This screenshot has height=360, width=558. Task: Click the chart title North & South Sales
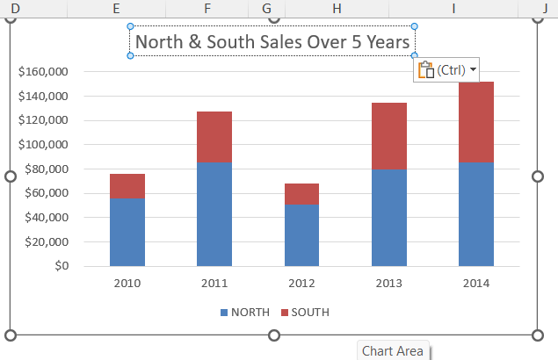point(272,41)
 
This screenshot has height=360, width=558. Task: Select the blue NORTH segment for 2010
point(127,232)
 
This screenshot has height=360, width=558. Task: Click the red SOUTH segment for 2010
point(127,185)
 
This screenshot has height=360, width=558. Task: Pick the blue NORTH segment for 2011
point(214,214)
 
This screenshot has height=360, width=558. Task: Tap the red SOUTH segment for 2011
point(214,137)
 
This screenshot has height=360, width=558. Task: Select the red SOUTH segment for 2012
point(301,194)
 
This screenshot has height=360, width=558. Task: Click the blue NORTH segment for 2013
point(388,218)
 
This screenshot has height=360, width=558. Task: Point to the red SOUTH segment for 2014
point(475,122)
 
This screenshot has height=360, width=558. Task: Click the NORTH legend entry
point(244,313)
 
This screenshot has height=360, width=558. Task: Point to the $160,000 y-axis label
point(43,71)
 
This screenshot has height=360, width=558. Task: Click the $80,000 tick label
point(47,169)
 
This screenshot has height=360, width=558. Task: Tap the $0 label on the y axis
point(62,266)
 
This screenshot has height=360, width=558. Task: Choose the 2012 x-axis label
point(301,283)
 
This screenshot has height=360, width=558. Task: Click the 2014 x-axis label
point(475,283)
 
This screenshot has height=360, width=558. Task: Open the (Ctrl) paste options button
point(446,70)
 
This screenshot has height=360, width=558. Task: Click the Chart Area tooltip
point(392,351)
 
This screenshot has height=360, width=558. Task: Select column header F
point(207,7)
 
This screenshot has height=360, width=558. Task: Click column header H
point(337,7)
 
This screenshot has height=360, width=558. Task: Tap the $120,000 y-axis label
point(43,120)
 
